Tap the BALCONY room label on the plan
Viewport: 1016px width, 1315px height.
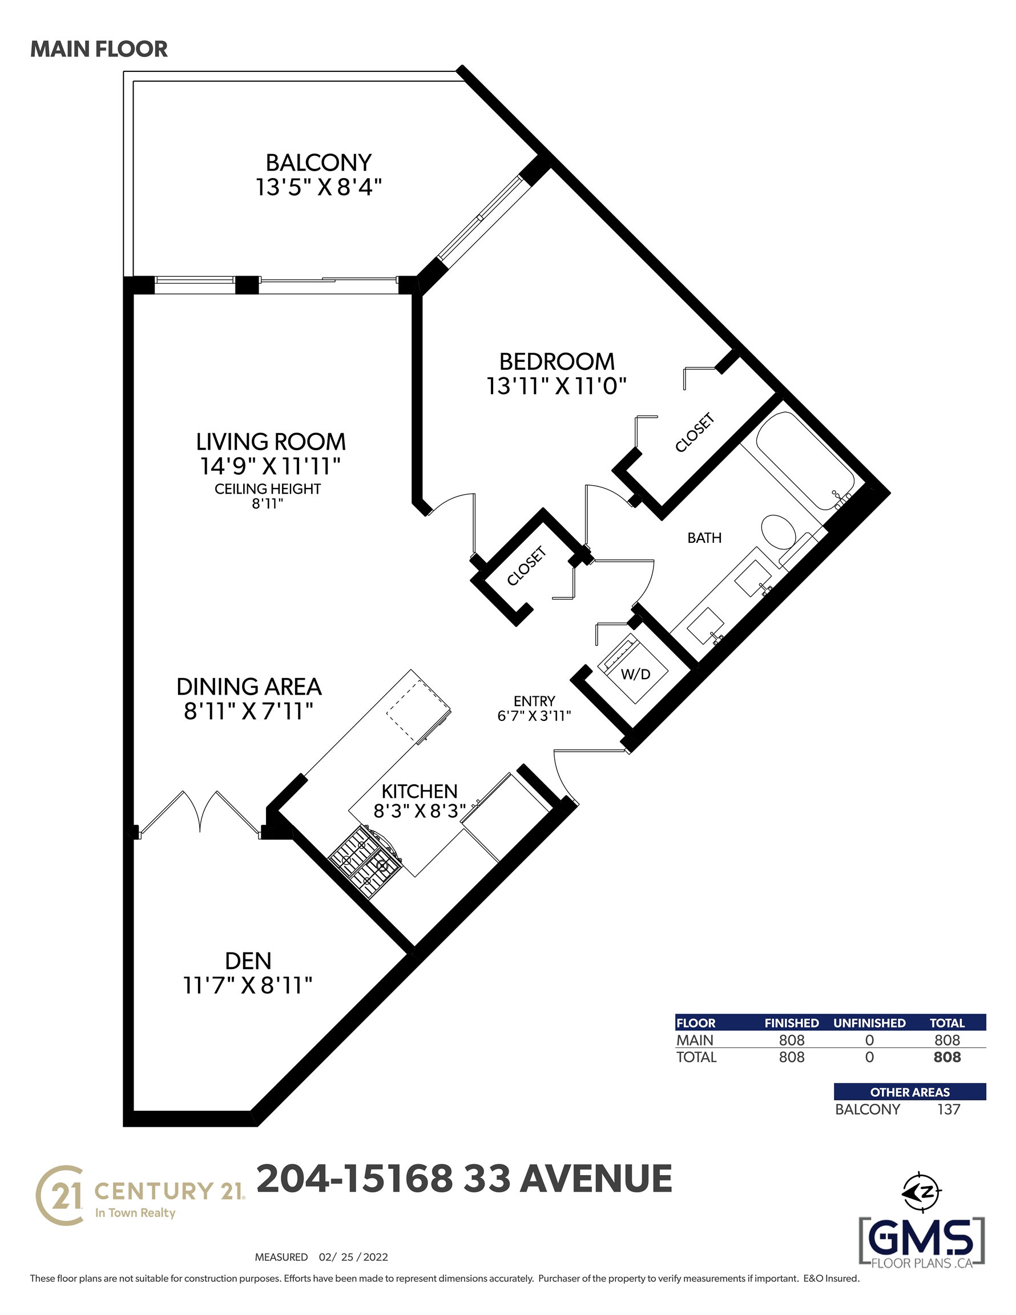[318, 163]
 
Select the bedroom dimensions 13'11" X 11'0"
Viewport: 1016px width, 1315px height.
[557, 386]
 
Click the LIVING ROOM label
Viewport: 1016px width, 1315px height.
[271, 442]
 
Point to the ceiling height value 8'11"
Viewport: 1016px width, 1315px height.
[267, 503]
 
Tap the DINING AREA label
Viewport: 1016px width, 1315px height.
[249, 687]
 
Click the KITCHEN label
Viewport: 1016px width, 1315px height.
[419, 790]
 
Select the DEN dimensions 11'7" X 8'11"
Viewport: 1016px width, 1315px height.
[248, 986]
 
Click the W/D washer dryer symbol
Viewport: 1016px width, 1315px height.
[632, 669]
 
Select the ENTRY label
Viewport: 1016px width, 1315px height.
[534, 701]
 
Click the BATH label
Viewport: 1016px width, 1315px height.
[704, 538]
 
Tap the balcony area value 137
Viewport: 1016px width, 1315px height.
[949, 1109]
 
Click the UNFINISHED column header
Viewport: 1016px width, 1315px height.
[869, 1023]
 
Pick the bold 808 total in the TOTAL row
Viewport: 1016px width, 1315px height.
[947, 1057]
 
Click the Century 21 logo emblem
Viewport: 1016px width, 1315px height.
[59, 1195]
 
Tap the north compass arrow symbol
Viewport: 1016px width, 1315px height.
[921, 1191]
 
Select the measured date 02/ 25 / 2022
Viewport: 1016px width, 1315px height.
[353, 1257]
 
